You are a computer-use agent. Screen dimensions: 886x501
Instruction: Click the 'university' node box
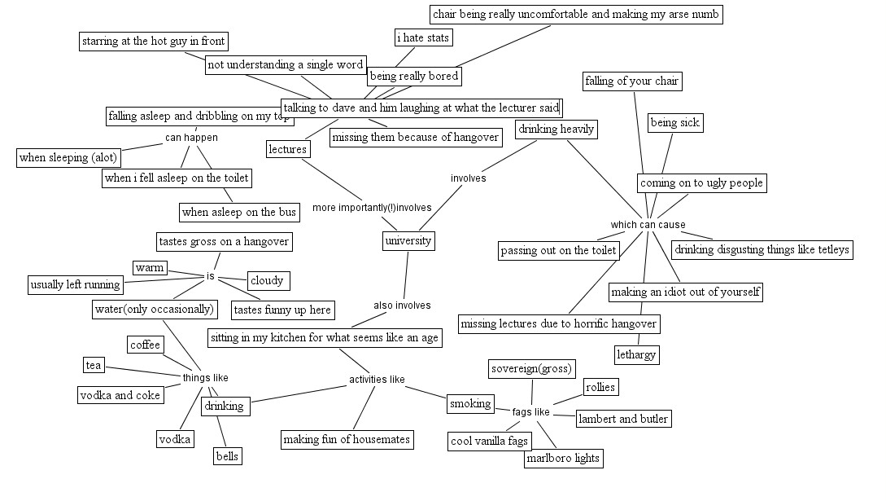click(408, 241)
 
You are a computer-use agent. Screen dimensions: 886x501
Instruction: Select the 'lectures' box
click(288, 149)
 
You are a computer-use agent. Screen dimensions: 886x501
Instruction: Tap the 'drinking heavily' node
click(556, 129)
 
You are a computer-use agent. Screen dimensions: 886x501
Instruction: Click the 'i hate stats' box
click(423, 38)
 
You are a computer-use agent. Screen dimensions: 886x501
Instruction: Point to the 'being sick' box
click(675, 123)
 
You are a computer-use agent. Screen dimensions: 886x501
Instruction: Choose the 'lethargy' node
click(636, 355)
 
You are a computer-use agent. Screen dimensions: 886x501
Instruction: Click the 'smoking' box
click(471, 404)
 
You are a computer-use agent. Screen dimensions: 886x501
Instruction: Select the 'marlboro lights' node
click(563, 458)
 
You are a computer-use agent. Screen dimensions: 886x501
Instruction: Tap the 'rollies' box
click(600, 387)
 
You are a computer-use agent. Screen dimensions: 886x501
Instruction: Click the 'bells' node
click(227, 456)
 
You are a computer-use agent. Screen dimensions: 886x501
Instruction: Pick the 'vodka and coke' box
click(120, 395)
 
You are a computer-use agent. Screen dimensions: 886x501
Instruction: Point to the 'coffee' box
click(145, 345)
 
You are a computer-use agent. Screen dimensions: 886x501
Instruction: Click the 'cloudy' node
click(268, 280)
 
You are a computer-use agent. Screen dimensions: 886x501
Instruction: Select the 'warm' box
click(150, 267)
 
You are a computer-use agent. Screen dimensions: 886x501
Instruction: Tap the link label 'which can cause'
click(648, 225)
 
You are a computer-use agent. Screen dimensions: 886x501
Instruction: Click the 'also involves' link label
click(402, 305)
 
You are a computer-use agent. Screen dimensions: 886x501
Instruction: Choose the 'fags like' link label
click(531, 412)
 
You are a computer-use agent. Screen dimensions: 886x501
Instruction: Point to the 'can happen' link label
click(191, 138)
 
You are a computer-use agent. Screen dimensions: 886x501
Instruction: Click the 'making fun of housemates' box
click(347, 440)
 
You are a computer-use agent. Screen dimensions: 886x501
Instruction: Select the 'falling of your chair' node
click(631, 81)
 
